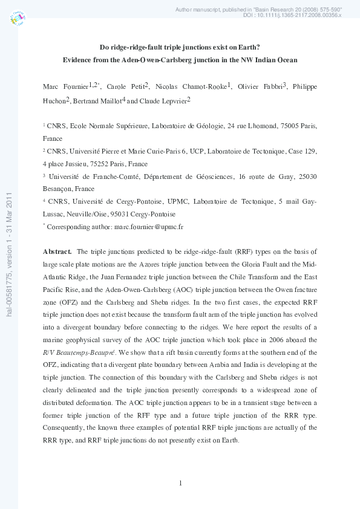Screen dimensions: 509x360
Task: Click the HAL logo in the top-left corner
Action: tap(18, 19)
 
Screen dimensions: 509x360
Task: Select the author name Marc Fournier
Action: tap(66, 88)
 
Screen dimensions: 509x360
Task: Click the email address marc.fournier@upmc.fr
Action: tap(145, 227)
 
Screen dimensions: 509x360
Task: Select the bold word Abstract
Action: tap(57, 251)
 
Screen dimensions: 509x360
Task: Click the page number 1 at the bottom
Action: tap(180, 482)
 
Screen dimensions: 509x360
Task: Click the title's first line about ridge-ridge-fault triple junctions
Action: tap(180, 48)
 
